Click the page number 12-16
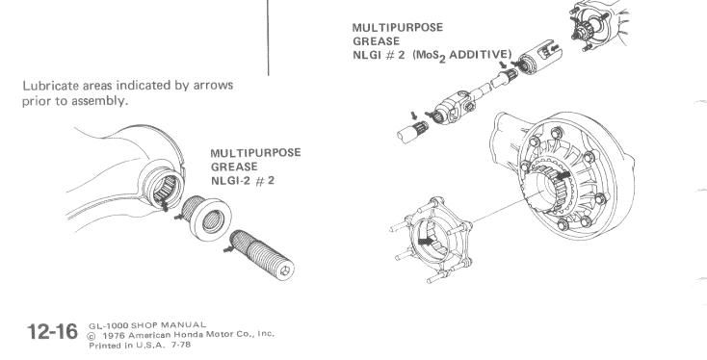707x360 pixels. click(52, 332)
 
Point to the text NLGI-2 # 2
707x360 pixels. click(243, 181)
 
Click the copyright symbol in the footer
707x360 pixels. click(92, 336)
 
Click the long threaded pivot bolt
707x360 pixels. click(262, 254)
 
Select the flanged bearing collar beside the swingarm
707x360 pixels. click(206, 218)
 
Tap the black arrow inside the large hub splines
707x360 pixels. click(563, 175)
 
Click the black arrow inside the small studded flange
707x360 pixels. click(426, 242)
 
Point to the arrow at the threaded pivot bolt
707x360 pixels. click(229, 247)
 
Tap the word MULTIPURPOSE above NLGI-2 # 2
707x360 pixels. click(255, 153)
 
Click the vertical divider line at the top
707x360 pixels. click(269, 38)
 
